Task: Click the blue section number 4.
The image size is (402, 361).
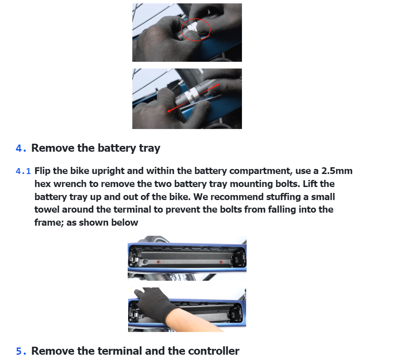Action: coord(21,148)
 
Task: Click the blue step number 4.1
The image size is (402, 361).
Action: coord(24,171)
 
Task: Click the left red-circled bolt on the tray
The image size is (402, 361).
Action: coord(158,261)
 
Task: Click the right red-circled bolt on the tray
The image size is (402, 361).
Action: coord(221,261)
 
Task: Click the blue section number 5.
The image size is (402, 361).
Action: coord(21,351)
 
